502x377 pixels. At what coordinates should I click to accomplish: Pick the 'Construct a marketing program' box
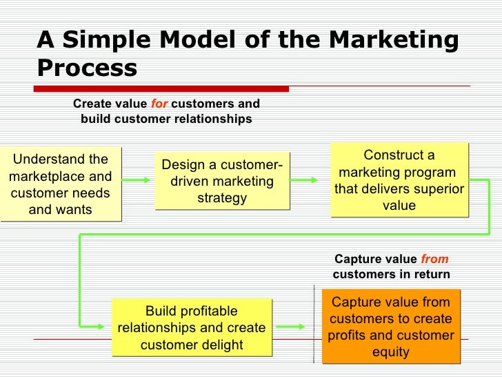[399, 180]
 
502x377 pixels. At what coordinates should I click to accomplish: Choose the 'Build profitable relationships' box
[192, 327]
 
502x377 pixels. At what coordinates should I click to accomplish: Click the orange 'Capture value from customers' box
[390, 327]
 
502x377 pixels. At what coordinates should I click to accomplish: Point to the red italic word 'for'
[159, 104]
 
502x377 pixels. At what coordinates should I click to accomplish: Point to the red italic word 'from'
[434, 260]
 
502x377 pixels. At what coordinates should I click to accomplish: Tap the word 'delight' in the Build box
[219, 344]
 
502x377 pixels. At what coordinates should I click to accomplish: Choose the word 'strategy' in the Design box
[221, 198]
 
